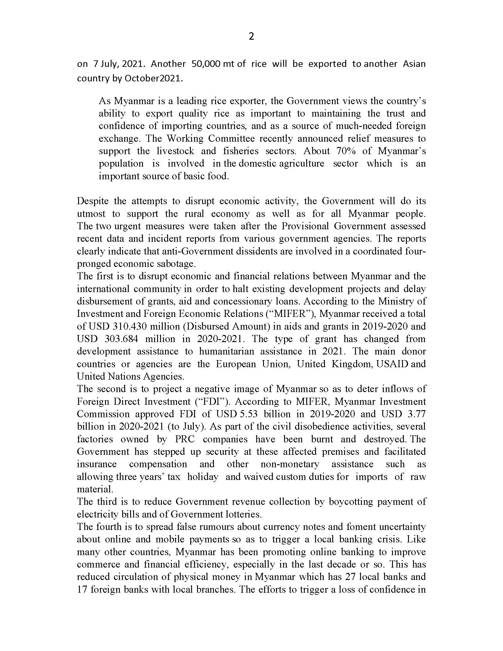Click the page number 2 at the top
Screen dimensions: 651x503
point(251,36)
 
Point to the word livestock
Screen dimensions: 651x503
point(175,151)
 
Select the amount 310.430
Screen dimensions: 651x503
point(130,326)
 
